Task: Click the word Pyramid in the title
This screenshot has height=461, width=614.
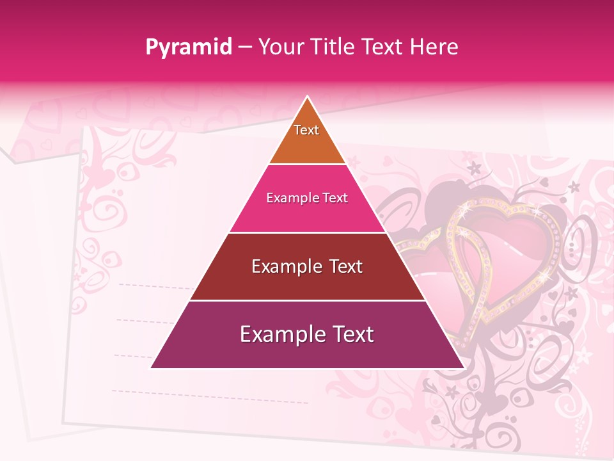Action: pos(189,47)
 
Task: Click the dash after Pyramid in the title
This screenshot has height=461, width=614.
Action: pos(244,47)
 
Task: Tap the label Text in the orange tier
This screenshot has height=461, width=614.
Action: pos(306,130)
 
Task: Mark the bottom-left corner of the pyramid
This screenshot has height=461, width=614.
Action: pos(152,368)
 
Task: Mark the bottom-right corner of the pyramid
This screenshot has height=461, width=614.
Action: pos(463,368)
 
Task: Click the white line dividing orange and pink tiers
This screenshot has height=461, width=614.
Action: pos(307,165)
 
